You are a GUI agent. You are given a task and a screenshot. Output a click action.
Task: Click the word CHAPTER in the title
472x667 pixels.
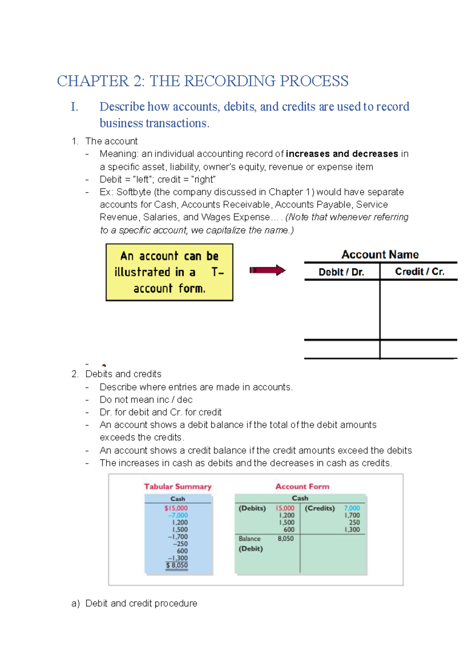pyautogui.click(x=93, y=81)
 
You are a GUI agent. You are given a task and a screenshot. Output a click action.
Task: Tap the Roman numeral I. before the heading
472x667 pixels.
pyautogui.click(x=74, y=107)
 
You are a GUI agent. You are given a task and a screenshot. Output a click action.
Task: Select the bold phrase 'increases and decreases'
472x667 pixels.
pyautogui.click(x=342, y=154)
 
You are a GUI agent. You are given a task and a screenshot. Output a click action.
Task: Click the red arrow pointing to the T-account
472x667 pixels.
pyautogui.click(x=267, y=270)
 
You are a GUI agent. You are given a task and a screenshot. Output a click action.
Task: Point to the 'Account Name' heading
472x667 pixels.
pyautogui.click(x=380, y=254)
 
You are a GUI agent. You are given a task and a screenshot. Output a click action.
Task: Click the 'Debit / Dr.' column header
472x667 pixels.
pyautogui.click(x=341, y=272)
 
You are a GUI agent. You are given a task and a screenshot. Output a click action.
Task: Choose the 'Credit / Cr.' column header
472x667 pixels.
pyautogui.click(x=419, y=272)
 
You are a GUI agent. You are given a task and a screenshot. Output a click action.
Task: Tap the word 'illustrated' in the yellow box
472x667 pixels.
pyautogui.click(x=142, y=272)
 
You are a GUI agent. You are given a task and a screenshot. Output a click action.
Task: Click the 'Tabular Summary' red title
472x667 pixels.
pyautogui.click(x=177, y=486)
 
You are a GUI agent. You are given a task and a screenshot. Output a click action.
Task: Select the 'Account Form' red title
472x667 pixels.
pyautogui.click(x=302, y=486)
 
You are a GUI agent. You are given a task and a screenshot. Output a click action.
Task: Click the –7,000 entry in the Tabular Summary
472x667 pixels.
pyautogui.click(x=178, y=515)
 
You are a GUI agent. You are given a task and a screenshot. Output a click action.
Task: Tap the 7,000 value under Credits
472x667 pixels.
pyautogui.click(x=352, y=508)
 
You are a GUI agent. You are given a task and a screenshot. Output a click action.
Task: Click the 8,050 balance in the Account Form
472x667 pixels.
pyautogui.click(x=286, y=538)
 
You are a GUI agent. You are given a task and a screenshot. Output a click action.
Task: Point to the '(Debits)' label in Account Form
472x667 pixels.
pyautogui.click(x=252, y=508)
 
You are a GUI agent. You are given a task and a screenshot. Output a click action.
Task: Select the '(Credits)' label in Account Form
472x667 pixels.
pyautogui.click(x=319, y=508)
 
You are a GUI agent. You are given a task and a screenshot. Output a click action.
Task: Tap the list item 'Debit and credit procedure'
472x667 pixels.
pyautogui.click(x=141, y=603)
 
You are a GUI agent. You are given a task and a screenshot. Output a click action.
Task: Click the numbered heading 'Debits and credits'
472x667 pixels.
pyautogui.click(x=123, y=374)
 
